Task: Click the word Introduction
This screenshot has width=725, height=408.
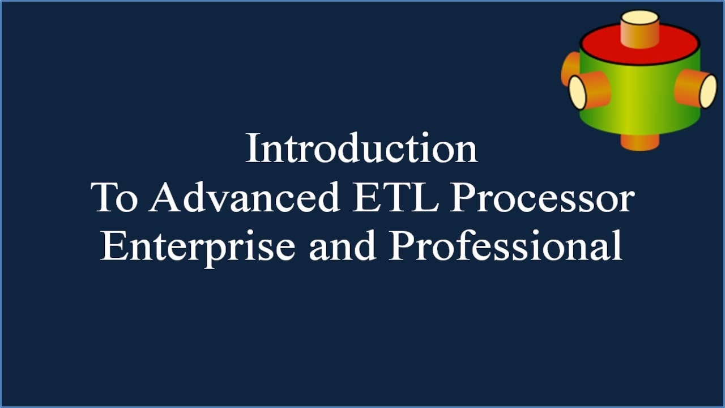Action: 361,148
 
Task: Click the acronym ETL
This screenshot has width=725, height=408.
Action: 396,198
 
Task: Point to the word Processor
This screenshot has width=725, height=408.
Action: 542,198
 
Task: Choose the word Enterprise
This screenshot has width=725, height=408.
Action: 198,247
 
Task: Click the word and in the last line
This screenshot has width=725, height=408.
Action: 343,247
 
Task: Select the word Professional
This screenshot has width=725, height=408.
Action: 506,247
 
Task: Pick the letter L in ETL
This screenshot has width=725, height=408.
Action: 428,198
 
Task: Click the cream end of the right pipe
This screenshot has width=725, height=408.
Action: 708,91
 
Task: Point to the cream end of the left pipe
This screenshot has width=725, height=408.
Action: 577,92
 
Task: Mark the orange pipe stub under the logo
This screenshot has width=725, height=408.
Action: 639,142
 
